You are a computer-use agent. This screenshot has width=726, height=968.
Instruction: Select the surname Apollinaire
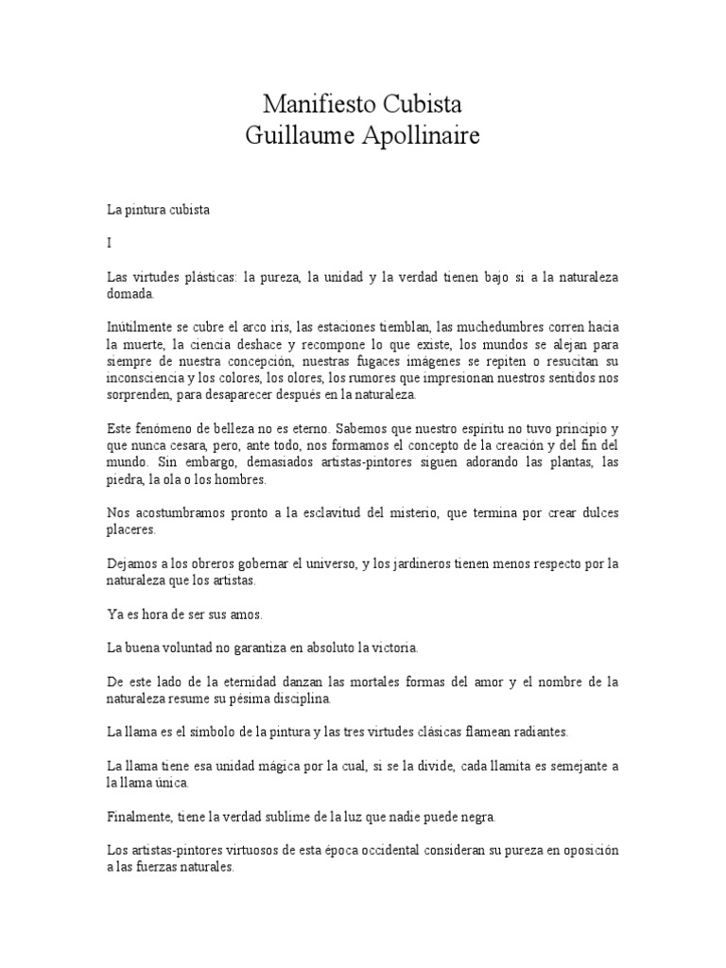(x=421, y=135)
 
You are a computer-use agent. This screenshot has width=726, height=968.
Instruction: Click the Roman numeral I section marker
(x=110, y=243)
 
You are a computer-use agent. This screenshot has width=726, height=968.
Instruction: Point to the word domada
(x=132, y=294)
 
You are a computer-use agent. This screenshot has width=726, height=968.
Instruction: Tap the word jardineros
(x=419, y=564)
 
